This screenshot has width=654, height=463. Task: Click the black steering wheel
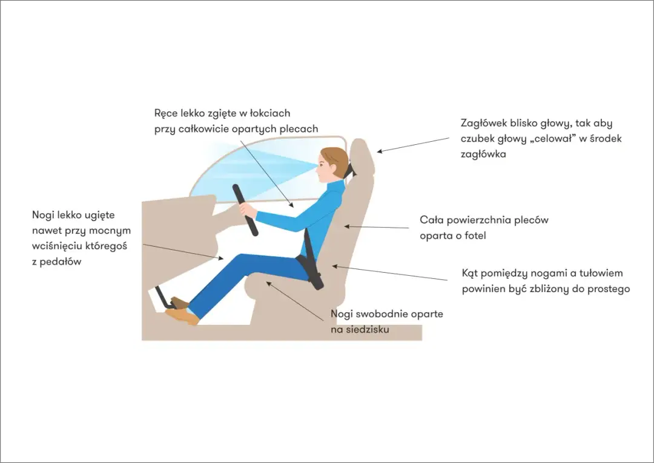point(245,210)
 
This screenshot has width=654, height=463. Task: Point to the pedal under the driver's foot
point(163,298)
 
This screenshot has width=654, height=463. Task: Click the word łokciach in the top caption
point(270,113)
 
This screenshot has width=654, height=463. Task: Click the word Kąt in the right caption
point(470,274)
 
